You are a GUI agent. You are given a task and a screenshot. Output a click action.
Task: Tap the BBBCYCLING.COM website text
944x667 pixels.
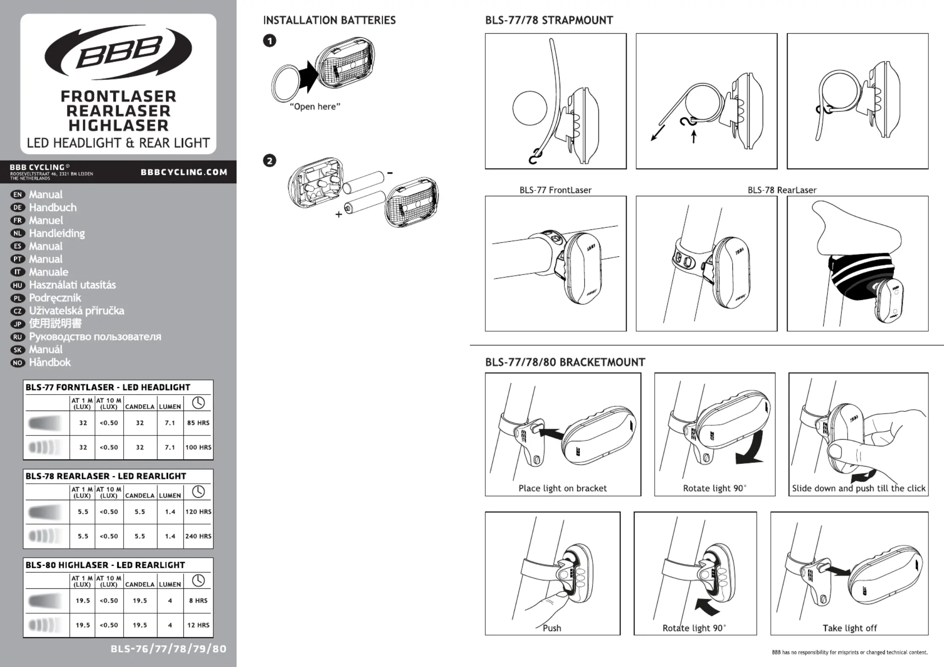pos(184,172)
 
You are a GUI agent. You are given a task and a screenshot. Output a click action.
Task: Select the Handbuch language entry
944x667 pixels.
pos(53,208)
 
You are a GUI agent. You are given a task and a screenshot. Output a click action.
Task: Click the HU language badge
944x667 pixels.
pos(17,285)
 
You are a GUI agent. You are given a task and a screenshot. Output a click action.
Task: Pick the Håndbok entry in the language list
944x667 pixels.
pos(50,362)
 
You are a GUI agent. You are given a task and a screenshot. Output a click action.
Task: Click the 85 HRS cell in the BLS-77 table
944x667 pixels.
pos(198,423)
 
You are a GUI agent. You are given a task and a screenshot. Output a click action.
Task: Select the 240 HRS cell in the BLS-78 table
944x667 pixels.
pos(198,536)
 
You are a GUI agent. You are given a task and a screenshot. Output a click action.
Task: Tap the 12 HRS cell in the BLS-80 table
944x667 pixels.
pos(198,625)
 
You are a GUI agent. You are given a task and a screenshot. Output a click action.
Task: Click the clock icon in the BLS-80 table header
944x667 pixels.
pos(198,580)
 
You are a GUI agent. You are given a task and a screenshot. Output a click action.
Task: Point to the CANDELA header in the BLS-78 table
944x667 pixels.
pos(140,496)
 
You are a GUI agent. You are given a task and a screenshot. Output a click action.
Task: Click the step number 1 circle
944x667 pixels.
pos(270,41)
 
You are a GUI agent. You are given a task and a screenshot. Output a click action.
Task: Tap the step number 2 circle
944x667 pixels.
pos(270,161)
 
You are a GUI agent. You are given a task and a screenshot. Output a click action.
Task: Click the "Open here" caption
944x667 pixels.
pos(315,107)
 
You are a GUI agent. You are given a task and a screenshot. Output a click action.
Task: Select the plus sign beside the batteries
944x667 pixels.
pos(338,215)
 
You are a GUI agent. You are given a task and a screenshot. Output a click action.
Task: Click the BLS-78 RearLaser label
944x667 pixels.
pos(782,190)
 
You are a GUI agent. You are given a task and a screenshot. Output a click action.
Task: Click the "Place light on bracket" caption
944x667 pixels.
pos(562,488)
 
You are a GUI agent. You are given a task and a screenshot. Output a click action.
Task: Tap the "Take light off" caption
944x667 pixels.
pos(849,628)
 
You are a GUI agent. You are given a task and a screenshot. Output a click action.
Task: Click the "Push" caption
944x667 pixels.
pos(552,628)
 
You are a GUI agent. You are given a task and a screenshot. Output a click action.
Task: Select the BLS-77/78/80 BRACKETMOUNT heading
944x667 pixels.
pos(565,362)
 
